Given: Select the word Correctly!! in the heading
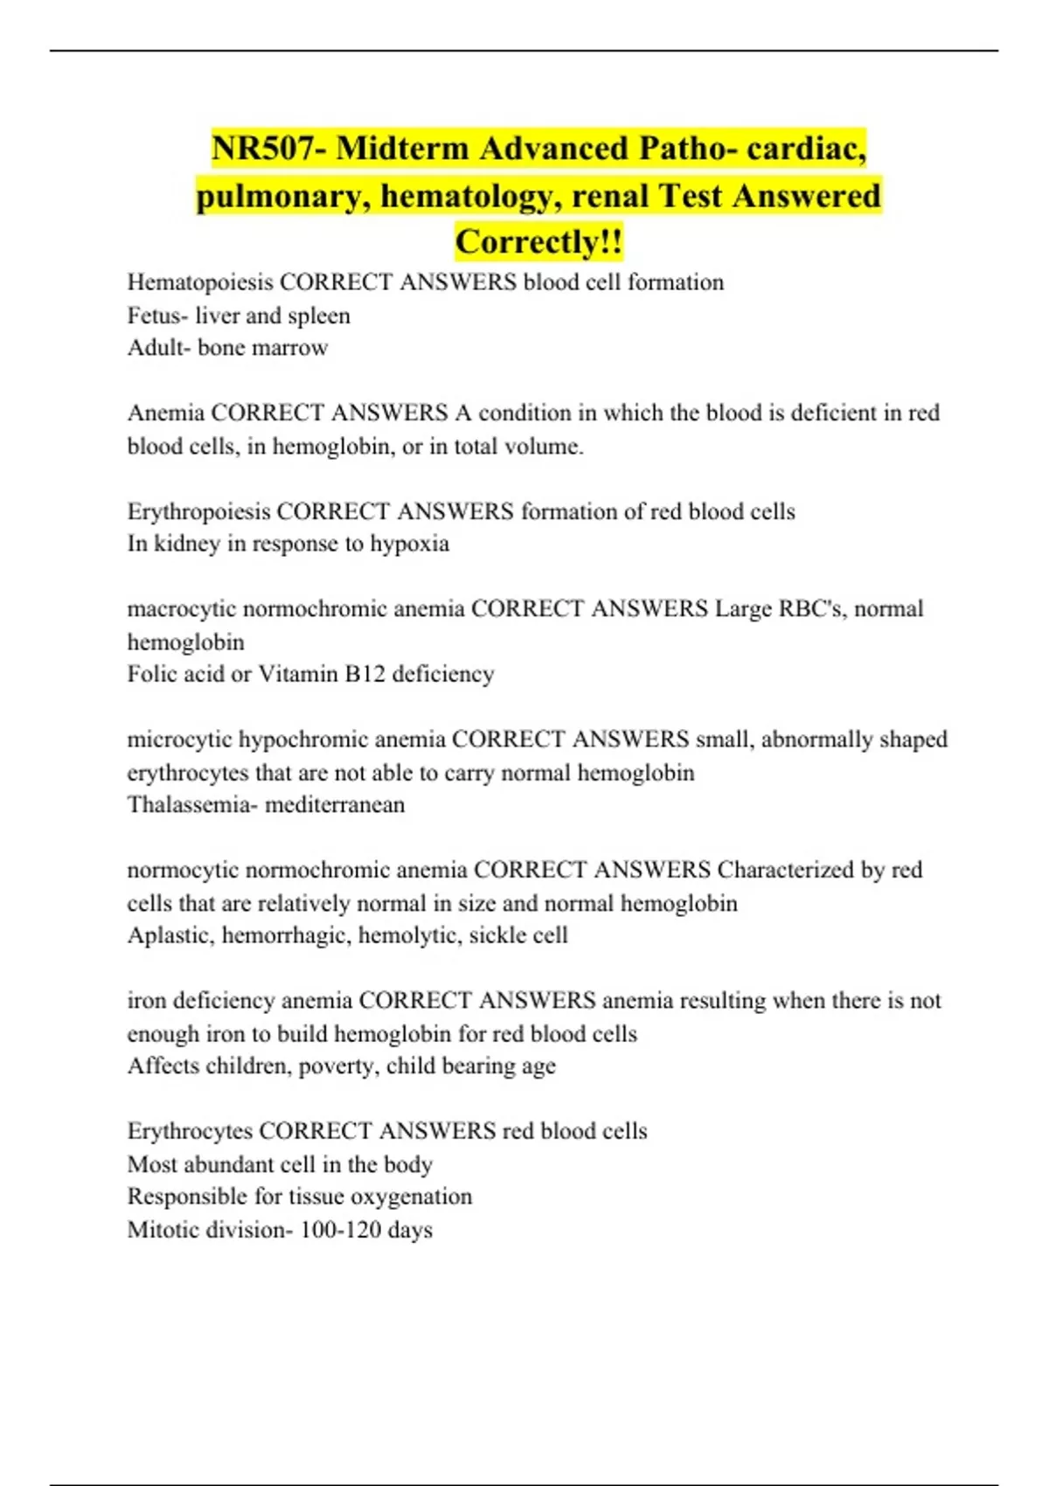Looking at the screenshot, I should point(538,242).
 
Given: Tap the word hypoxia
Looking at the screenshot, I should point(409,544).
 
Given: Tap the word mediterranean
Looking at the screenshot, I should point(335,805).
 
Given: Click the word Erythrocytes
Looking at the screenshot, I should point(190,1131).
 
